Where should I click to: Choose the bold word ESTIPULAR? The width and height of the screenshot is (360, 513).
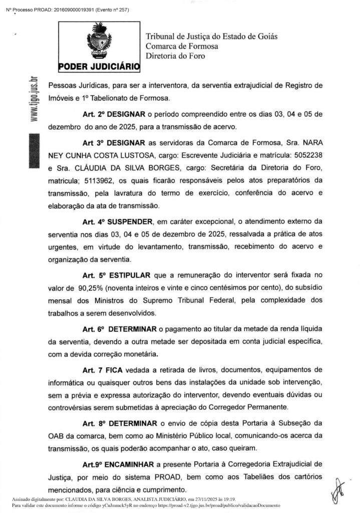(x=131, y=275)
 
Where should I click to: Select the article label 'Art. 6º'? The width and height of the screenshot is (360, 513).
(x=92, y=329)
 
